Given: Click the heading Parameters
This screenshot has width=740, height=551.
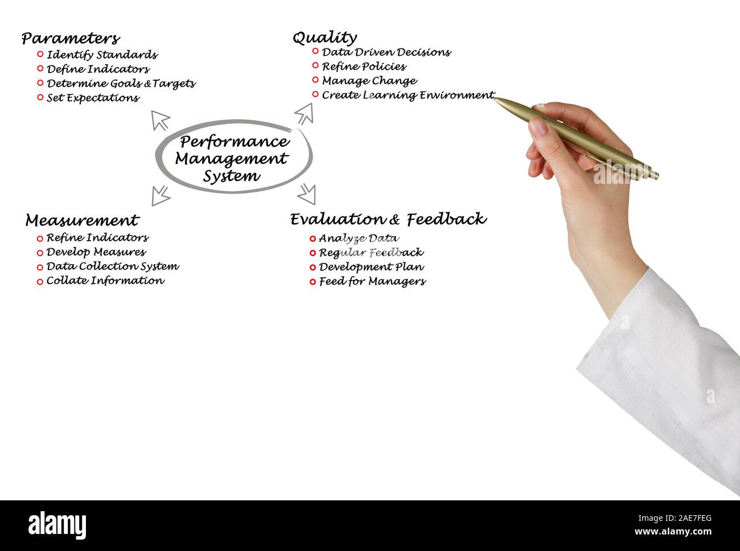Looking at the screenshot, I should [x=71, y=39].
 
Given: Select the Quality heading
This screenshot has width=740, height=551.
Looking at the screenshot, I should [x=324, y=38].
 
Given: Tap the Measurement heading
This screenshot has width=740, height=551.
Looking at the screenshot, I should [x=82, y=220].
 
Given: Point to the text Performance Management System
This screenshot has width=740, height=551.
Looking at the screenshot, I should [x=232, y=158].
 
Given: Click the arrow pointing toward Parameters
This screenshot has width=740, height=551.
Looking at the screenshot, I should [x=161, y=120].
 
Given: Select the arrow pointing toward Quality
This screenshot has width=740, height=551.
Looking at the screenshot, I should [x=305, y=113].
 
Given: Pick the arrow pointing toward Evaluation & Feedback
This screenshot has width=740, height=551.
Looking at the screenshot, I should [x=307, y=194].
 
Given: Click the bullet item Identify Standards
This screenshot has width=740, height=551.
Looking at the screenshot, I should [x=102, y=55].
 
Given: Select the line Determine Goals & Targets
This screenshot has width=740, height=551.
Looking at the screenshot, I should [x=121, y=84].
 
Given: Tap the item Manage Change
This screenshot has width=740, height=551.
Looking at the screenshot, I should [x=369, y=81].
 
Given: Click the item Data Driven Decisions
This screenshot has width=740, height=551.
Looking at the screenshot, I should [x=386, y=52].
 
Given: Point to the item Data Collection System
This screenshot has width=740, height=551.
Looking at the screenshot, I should [x=112, y=266].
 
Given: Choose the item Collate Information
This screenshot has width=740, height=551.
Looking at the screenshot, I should [x=105, y=281].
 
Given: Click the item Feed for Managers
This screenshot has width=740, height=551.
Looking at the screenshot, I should [x=372, y=281].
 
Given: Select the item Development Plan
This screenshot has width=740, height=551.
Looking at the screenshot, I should [x=371, y=267].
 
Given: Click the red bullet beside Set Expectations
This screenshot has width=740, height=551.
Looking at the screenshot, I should [x=40, y=97].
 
